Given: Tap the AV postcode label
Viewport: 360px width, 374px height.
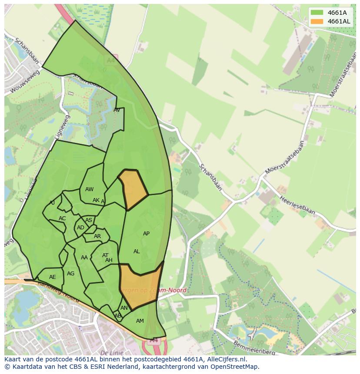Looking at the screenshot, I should point(117,110).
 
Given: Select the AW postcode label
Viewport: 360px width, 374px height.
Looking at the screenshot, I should point(89,189).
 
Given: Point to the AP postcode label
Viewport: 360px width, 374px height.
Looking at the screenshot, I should point(146,234).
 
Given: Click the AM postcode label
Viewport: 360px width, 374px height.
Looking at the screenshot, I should point(140,321).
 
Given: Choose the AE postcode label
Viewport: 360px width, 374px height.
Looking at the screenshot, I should point(53,277).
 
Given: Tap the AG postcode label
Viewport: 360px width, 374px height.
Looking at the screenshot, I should point(70,274).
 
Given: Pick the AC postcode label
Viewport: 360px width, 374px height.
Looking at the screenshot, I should point(62,218).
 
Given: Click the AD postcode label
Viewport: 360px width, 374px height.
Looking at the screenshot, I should point(80,228).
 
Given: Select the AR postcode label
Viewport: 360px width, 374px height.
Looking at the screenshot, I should point(97,237).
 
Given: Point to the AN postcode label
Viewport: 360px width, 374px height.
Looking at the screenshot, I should point(124,308).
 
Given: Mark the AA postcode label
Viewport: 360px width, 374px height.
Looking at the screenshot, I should point(84,258).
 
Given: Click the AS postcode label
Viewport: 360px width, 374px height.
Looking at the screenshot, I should point(89,220).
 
